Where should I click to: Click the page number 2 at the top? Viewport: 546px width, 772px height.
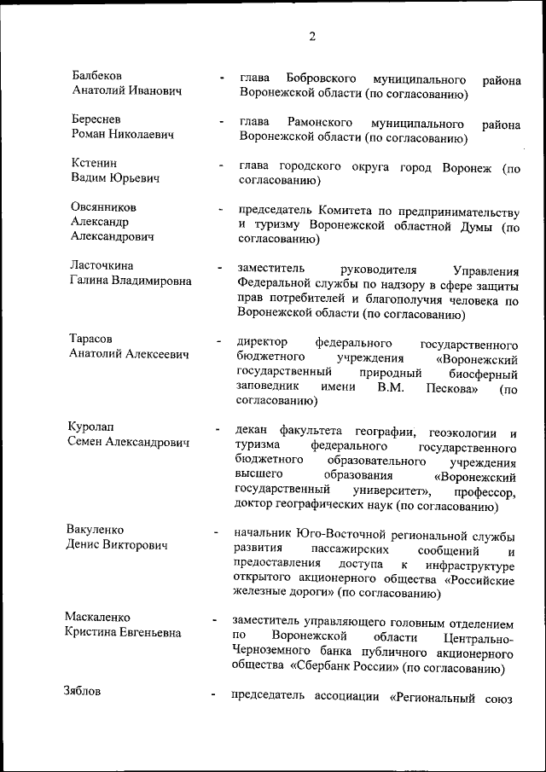[312, 37]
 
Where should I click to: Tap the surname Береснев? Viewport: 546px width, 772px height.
[96, 120]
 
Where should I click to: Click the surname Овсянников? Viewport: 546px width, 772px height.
[104, 207]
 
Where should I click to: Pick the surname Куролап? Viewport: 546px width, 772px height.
[91, 427]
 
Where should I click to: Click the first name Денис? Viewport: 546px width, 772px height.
[84, 544]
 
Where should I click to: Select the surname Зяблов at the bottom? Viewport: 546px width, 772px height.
[83, 692]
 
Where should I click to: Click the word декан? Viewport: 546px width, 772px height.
[252, 431]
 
